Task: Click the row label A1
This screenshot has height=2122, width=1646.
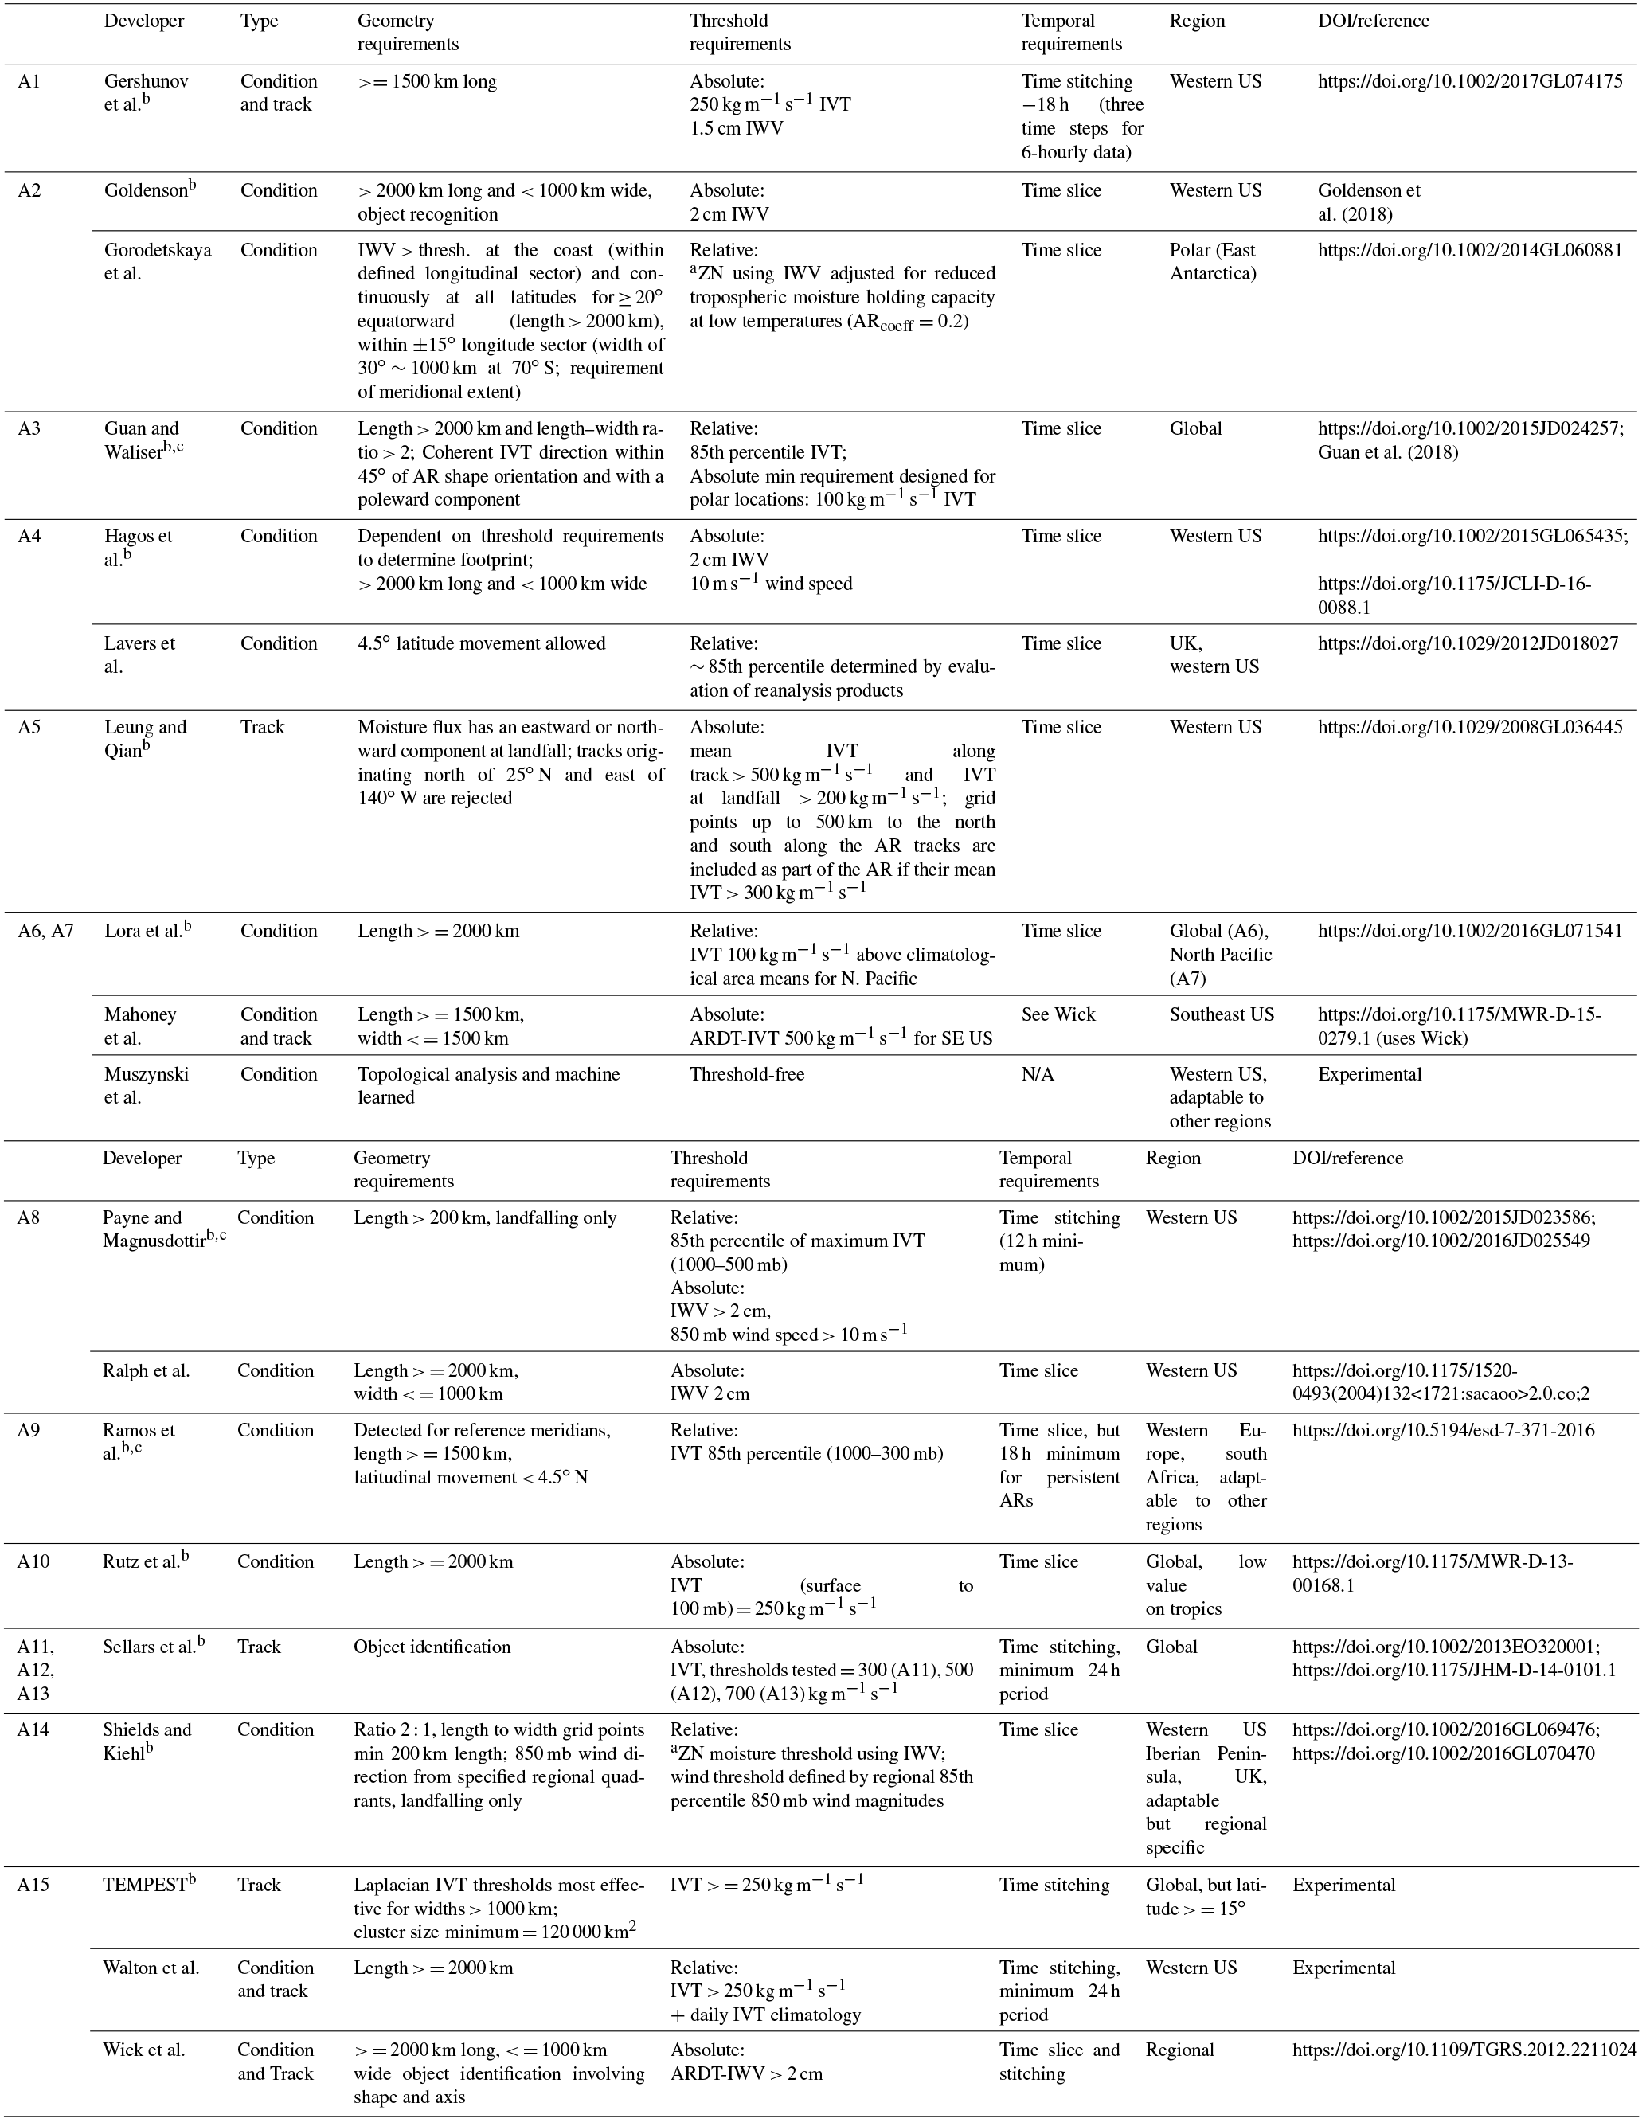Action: (x=29, y=81)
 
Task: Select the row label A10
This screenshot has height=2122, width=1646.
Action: (x=34, y=1561)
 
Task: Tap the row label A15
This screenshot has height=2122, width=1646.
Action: (x=34, y=1885)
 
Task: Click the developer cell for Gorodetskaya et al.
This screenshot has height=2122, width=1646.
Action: (x=158, y=261)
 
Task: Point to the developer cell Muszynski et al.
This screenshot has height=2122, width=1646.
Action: (x=147, y=1085)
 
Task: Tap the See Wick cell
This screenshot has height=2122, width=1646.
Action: (x=1058, y=1014)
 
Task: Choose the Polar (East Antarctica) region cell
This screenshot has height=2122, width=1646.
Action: (x=1214, y=261)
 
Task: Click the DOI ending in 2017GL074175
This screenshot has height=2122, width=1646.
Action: (x=1469, y=81)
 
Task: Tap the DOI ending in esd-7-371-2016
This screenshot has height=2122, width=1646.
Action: (x=1443, y=1430)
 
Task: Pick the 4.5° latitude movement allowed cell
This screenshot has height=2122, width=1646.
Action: (x=481, y=643)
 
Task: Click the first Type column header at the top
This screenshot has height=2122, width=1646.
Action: (x=259, y=21)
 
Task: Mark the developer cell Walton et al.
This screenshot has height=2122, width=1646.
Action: (x=151, y=1968)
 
